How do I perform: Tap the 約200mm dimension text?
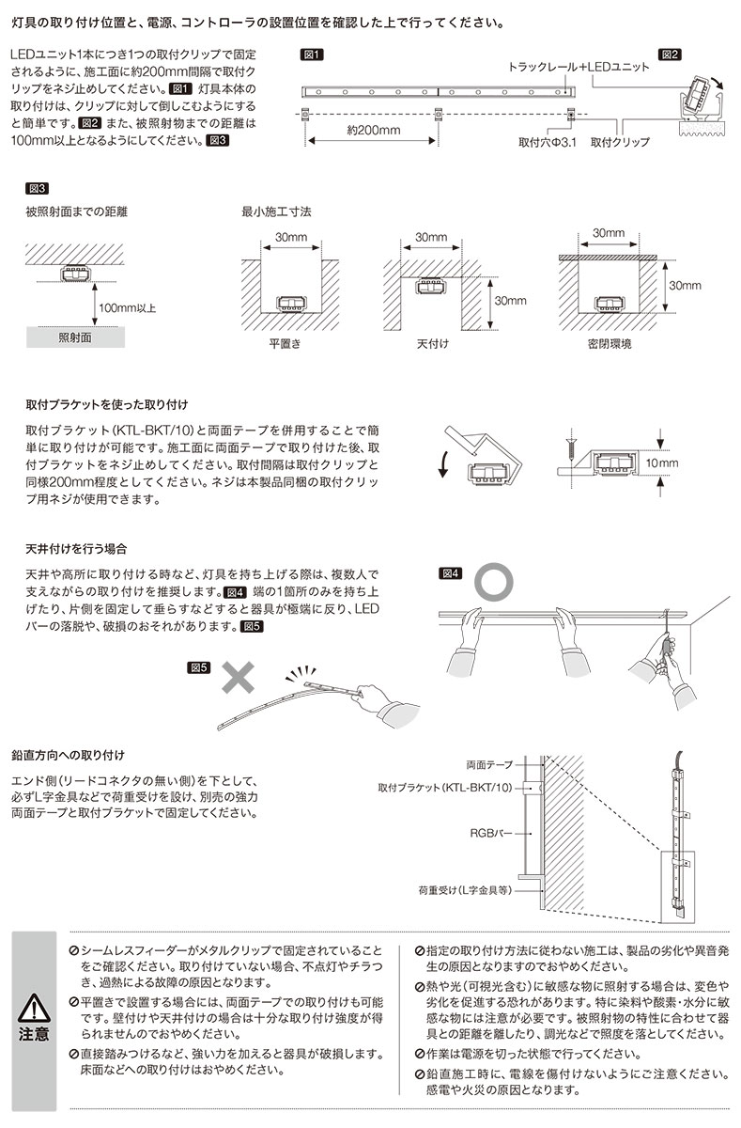pos(372,130)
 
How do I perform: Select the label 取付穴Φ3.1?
pos(546,144)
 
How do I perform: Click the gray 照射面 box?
pos(75,337)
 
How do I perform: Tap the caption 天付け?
pos(432,344)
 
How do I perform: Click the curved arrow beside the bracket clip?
pos(442,463)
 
